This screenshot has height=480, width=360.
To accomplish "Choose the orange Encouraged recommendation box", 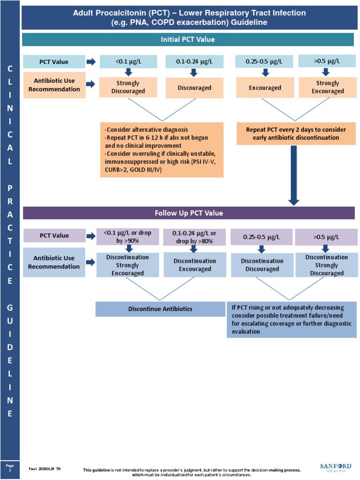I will pos(265,88).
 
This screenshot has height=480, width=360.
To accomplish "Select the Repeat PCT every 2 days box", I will pos(293,134).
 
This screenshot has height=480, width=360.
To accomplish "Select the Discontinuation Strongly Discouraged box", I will pos(327,265).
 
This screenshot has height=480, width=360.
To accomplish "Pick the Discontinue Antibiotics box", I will pos(161,309).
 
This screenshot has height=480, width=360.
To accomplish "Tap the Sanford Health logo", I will pos(336,467).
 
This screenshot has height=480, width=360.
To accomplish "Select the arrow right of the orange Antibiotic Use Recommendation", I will pos(90,88).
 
